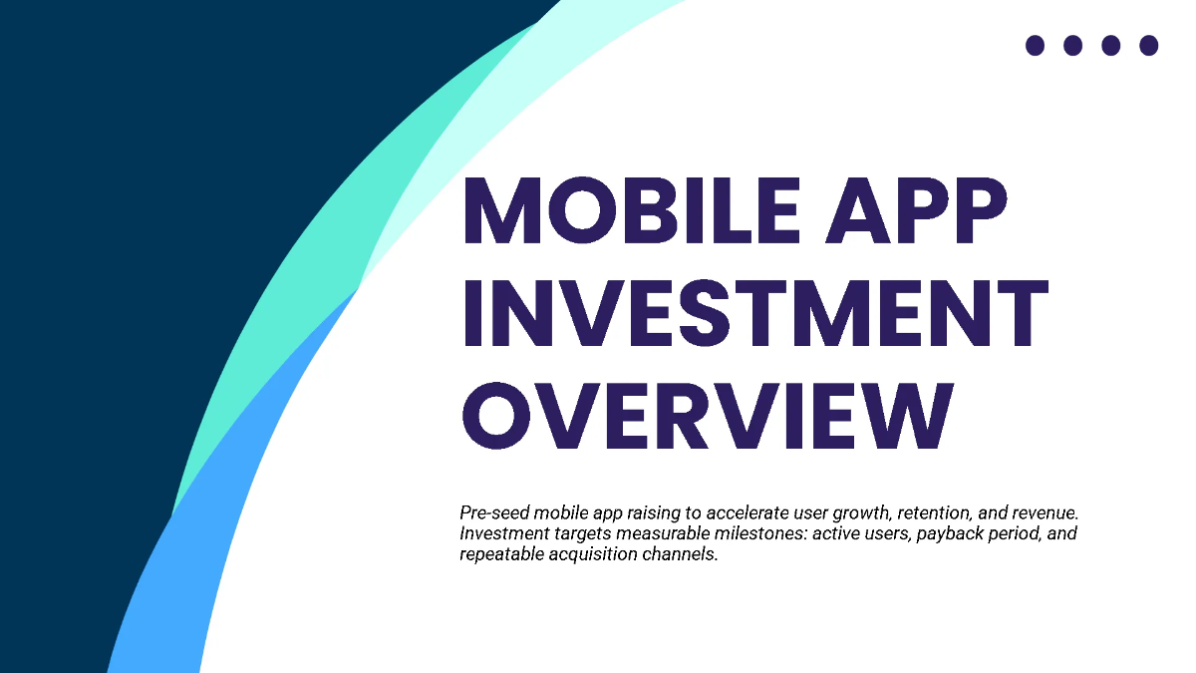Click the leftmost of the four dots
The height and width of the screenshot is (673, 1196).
[1035, 45]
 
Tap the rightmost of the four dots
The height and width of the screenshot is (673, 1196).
[1148, 45]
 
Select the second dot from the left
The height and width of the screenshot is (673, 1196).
[1072, 45]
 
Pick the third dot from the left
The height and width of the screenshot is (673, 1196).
[1110, 45]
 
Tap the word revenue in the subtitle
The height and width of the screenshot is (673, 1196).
[1046, 513]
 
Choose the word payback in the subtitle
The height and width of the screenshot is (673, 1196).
[918, 534]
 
